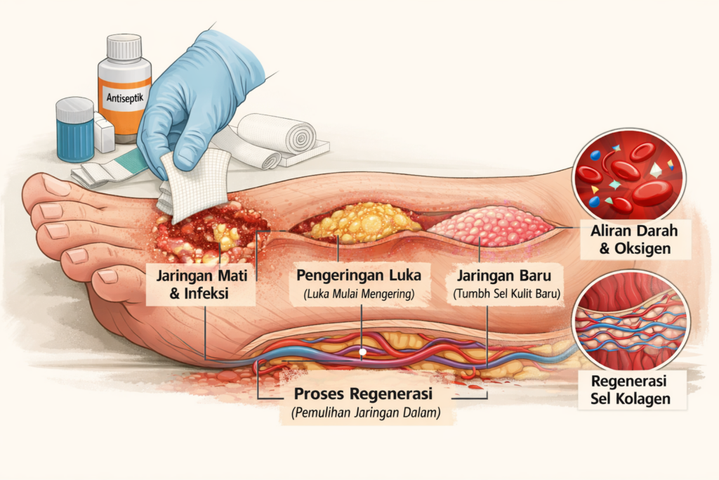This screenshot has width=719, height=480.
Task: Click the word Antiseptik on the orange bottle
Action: click(123, 98)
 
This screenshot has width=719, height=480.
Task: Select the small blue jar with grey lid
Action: click(75, 130)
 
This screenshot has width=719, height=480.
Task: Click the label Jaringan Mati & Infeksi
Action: click(199, 283)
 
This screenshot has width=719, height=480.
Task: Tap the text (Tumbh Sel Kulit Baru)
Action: click(504, 294)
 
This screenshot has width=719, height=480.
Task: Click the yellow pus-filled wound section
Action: click(358, 223)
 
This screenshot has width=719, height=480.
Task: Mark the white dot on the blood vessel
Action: click(362, 350)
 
